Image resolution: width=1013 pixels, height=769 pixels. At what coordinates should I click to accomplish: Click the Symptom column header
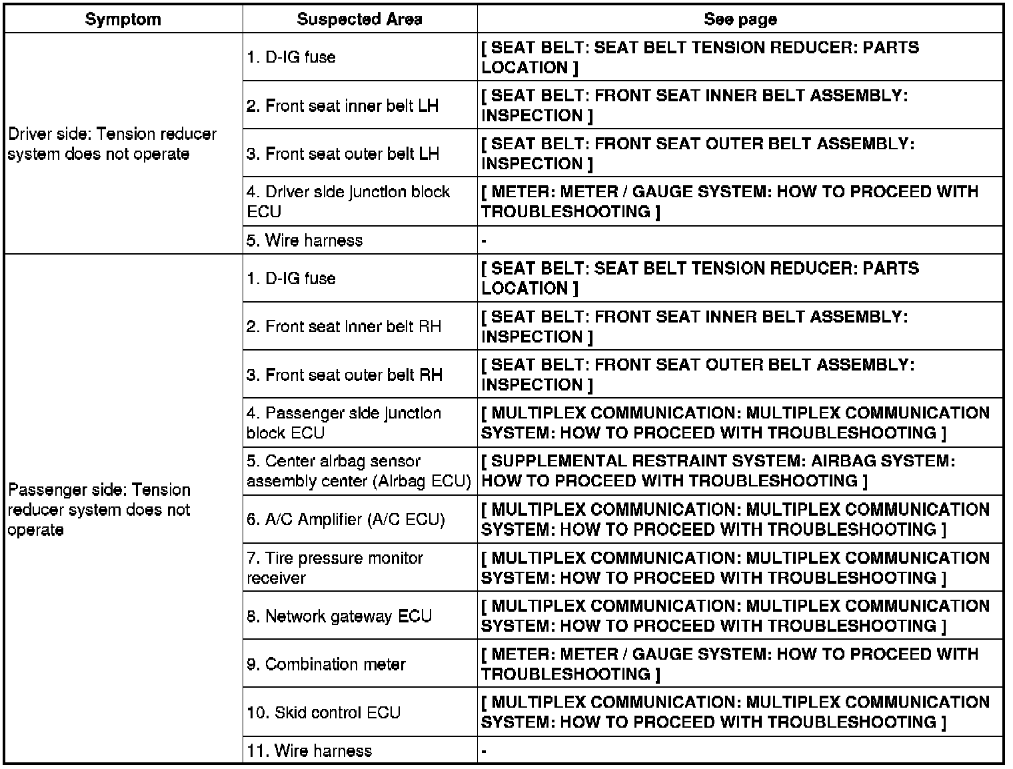click(x=123, y=19)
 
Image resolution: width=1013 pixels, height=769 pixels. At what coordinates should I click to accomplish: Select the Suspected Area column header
click(x=359, y=19)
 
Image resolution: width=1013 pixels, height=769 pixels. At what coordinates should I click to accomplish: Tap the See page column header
click(x=740, y=19)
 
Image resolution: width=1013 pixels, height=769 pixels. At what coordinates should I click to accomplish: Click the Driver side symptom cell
click(x=112, y=144)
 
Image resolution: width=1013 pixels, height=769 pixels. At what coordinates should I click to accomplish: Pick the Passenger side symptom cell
click(x=99, y=510)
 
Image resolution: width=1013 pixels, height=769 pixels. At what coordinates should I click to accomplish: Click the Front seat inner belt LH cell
click(x=343, y=106)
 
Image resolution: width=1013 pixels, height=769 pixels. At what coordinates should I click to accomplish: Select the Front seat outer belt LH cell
click(x=343, y=154)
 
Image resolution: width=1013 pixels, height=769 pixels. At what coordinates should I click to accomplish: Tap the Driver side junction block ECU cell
click(x=348, y=201)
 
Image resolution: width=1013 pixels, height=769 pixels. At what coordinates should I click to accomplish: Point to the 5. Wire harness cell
click(x=305, y=241)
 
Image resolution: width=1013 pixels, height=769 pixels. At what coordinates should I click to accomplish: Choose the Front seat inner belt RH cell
click(x=344, y=327)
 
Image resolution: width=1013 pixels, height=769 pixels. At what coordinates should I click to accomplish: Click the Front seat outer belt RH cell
click(x=344, y=375)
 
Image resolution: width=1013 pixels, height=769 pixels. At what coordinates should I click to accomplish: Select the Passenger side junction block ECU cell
click(x=344, y=422)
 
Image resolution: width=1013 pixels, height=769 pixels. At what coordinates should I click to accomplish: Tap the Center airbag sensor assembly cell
click(x=359, y=471)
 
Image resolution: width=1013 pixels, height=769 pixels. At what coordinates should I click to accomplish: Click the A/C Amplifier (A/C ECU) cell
click(x=345, y=519)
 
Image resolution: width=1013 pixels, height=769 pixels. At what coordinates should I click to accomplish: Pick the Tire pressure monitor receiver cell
click(x=335, y=568)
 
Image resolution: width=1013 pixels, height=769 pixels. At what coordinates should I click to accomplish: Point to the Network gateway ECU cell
click(x=339, y=616)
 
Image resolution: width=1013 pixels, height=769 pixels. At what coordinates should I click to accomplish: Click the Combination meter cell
click(x=326, y=664)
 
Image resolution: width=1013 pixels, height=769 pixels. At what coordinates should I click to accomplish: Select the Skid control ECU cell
click(x=324, y=712)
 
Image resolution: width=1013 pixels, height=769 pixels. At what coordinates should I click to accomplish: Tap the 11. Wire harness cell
click(x=309, y=751)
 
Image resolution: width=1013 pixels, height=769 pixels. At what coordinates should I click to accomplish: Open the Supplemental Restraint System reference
click(x=718, y=471)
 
